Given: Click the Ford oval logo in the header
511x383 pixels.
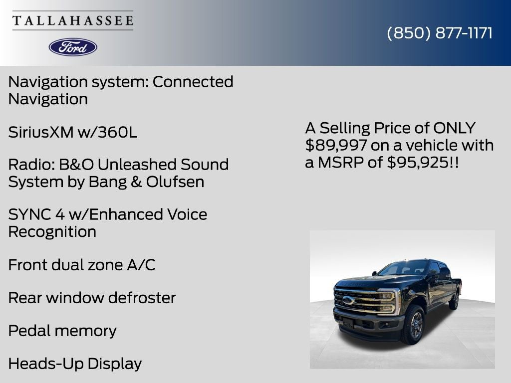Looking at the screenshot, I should [73, 47].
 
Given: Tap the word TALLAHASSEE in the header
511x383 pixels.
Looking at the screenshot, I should [73, 21].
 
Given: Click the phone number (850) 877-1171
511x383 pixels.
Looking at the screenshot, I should [440, 33].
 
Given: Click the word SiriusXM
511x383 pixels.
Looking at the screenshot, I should [41, 132].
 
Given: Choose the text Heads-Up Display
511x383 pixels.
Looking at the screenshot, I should [75, 364].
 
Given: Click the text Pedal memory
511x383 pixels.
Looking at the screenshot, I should [62, 331].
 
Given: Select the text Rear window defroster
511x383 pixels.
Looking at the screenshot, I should [92, 298].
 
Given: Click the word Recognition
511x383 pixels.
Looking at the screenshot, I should [52, 231].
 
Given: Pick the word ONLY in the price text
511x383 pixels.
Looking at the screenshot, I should [454, 128].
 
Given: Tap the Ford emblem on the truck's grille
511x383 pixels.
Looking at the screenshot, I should [348, 300].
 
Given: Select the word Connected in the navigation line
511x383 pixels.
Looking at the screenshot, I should [193, 82].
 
